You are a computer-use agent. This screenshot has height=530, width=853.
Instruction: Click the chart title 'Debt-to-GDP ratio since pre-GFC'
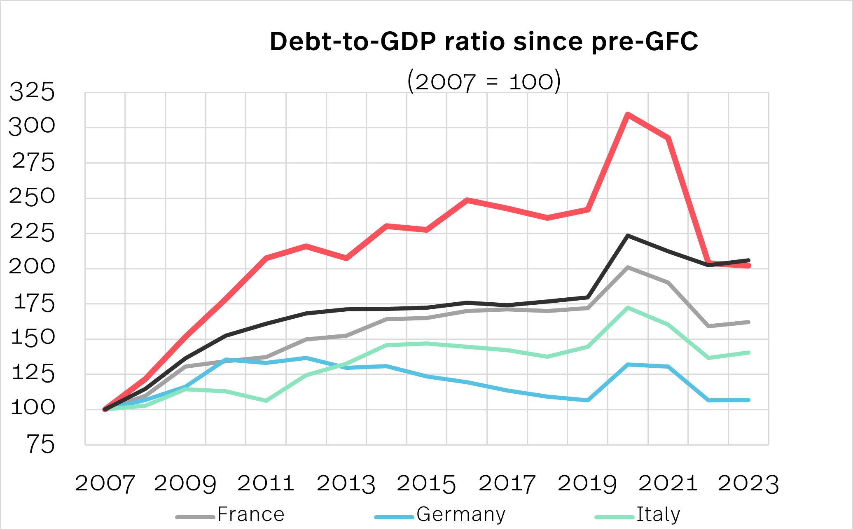click(x=484, y=42)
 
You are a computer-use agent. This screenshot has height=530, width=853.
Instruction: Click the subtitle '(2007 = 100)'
click(x=484, y=81)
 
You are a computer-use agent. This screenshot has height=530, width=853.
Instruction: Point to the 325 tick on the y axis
click(x=32, y=92)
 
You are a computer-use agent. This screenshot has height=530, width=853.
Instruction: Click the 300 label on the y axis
click(x=32, y=126)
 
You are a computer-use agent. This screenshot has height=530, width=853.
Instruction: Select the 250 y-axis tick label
click(x=32, y=196)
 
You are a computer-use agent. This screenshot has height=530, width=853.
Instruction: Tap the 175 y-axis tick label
click(x=34, y=304)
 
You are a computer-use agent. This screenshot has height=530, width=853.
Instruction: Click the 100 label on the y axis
click(x=33, y=408)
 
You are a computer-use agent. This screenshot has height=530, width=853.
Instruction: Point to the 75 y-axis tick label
click(x=40, y=445)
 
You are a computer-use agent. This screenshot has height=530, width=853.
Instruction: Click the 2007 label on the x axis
click(x=105, y=483)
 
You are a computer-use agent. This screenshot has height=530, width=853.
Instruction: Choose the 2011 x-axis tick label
click(x=266, y=483)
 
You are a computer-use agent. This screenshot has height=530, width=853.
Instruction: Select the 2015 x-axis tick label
click(x=426, y=483)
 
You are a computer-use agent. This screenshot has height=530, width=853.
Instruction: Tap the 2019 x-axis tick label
click(x=587, y=483)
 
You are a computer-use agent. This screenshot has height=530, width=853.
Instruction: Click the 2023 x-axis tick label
click(x=748, y=483)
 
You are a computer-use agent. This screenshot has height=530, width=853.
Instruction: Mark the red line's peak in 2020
click(x=627, y=114)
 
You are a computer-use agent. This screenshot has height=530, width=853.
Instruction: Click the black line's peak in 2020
click(x=627, y=236)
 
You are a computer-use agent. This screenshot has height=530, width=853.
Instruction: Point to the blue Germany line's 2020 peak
click(x=627, y=364)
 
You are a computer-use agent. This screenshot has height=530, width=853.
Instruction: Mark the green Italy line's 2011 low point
click(x=266, y=400)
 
